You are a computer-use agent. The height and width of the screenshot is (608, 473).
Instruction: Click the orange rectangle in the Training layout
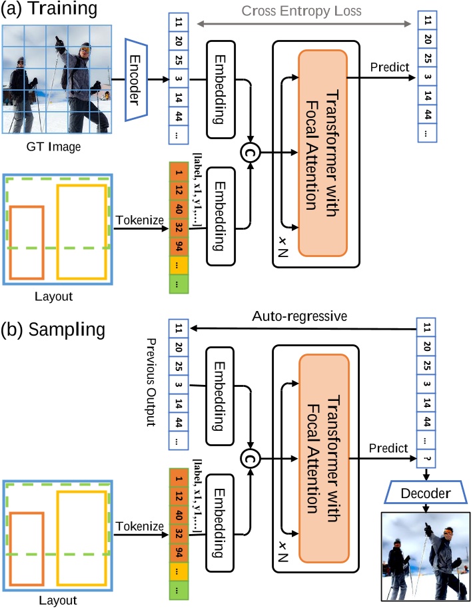(27, 242)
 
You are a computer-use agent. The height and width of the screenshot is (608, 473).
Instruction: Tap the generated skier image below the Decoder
(424, 555)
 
